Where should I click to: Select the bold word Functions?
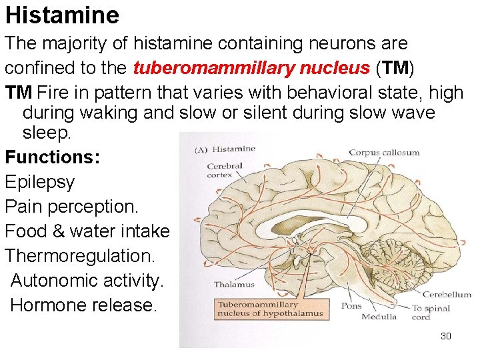pos(53,157)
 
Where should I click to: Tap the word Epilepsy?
pos(40,182)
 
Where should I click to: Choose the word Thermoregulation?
pos(80,256)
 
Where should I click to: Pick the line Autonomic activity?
pos(87,281)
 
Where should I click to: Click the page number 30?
pos(446,336)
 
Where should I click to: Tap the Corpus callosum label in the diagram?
pos(384,152)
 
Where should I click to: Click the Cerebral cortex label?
pos(221,171)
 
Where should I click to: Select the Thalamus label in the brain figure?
pos(234,285)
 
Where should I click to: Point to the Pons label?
pos(351,306)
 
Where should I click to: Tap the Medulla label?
pos(379,317)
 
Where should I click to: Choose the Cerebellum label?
pos(447,294)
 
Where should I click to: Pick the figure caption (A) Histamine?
pos(225,149)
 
